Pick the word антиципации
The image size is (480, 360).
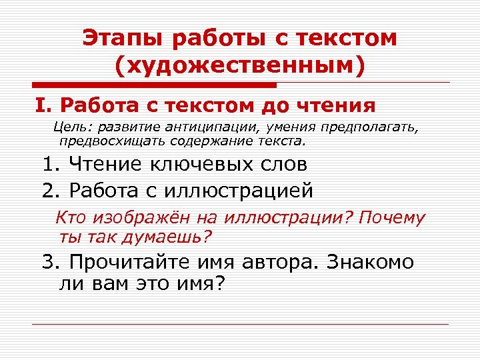206,128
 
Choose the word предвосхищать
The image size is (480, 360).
106,141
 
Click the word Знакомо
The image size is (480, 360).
370,262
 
